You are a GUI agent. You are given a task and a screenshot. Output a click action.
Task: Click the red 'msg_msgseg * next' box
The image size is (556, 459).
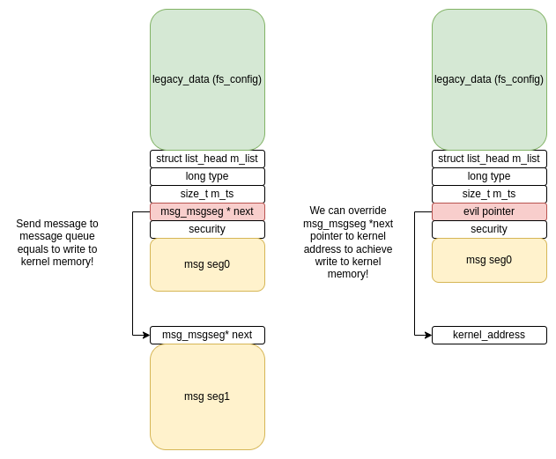(207, 211)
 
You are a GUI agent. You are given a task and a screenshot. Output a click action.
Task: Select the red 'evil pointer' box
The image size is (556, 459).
(489, 211)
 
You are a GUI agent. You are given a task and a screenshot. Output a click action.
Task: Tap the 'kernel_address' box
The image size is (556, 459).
(489, 335)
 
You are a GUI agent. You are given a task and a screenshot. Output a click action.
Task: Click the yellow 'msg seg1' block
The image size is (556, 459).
(207, 397)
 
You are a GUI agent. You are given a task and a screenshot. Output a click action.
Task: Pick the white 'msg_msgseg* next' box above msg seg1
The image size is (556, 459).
(207, 335)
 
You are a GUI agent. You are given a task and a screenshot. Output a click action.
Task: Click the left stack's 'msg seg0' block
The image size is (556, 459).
(207, 265)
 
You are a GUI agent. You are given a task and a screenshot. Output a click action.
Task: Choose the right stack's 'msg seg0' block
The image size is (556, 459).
(489, 260)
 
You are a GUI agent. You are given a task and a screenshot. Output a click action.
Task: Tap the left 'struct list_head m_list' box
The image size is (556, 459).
(207, 159)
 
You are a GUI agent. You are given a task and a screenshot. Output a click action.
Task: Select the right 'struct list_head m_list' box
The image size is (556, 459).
(489, 159)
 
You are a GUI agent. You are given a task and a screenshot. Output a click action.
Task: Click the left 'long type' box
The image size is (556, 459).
(207, 176)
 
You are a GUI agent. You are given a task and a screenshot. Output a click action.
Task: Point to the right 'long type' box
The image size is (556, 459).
(489, 176)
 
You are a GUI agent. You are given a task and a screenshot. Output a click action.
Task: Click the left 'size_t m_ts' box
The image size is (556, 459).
(207, 194)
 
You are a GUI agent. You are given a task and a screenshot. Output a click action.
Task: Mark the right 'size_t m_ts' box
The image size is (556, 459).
(489, 194)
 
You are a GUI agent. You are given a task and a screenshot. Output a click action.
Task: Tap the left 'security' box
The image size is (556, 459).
(207, 229)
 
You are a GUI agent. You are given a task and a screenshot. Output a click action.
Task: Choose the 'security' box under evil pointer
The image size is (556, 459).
(489, 229)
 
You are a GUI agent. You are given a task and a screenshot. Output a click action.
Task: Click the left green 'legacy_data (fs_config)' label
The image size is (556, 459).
(207, 79)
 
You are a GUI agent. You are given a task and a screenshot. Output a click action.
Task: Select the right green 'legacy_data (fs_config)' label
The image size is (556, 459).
(489, 79)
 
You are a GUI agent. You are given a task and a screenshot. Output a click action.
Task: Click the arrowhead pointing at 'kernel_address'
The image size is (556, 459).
(428, 335)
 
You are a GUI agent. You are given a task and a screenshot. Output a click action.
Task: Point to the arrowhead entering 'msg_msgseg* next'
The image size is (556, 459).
(146, 335)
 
